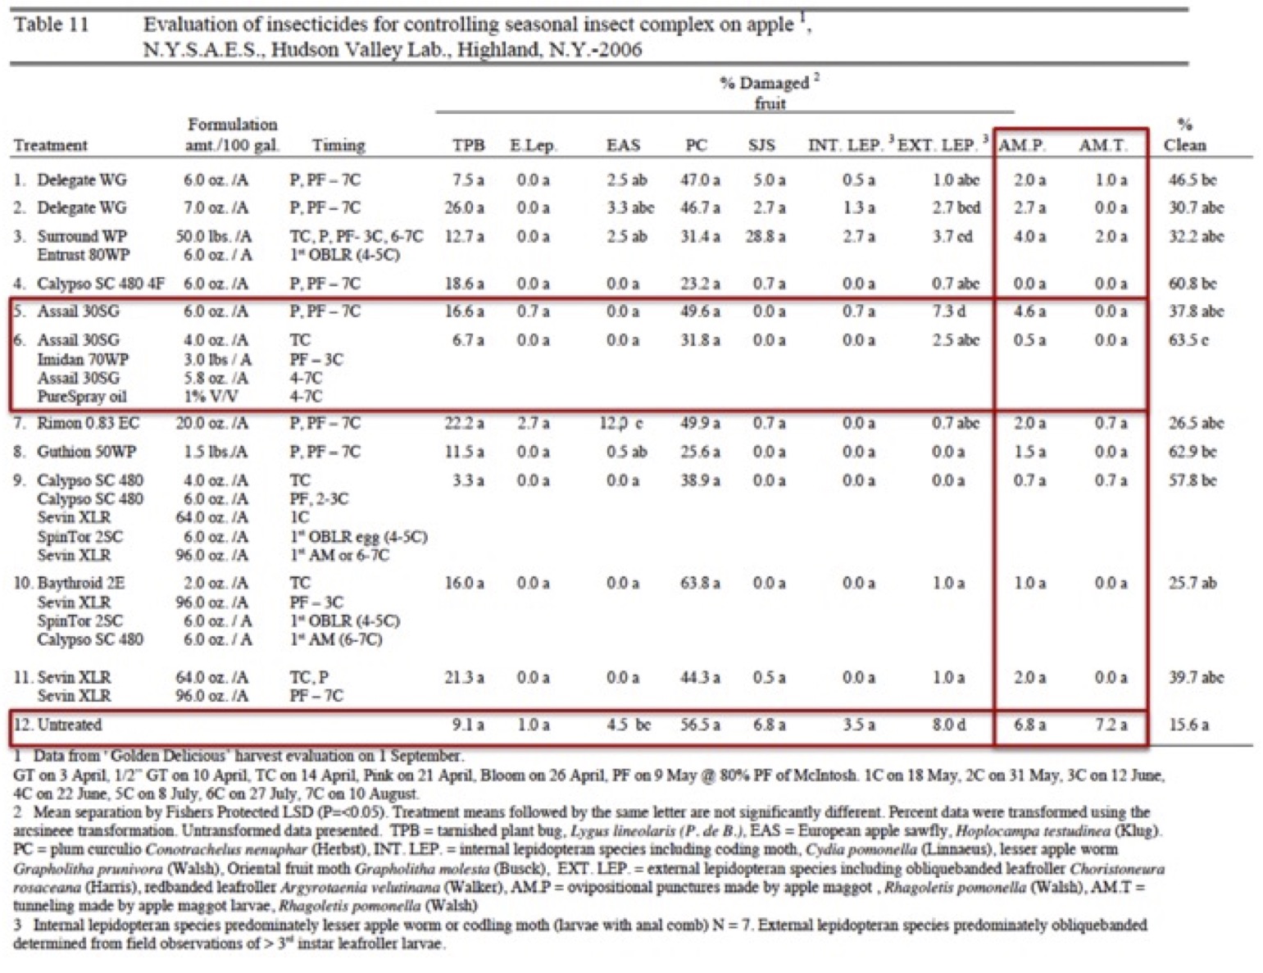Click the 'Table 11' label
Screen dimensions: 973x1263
[x=51, y=24]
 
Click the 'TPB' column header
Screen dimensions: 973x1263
[x=469, y=145]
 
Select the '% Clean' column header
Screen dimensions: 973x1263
[x=1184, y=135]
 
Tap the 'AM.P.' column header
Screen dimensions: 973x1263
[x=1022, y=145]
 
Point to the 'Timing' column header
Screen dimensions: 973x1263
[x=338, y=145]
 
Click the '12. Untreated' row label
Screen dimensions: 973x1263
[x=57, y=725]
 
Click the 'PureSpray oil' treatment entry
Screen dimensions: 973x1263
[x=82, y=397]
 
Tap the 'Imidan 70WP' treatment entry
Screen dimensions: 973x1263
[x=83, y=359]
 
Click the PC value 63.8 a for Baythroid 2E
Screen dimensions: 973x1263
[x=700, y=583]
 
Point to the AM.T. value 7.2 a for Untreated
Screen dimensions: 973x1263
[x=1111, y=725]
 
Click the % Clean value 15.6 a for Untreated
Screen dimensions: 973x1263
[x=1188, y=725]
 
